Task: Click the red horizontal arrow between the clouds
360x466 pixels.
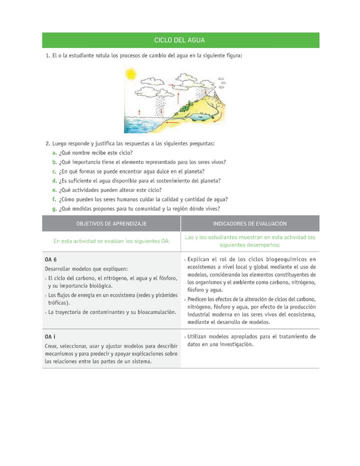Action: pos(171,85)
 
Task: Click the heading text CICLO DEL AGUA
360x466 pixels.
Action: pos(180,40)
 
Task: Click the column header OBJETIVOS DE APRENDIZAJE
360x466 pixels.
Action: pos(111,223)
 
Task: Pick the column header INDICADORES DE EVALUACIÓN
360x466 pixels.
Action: pos(249,223)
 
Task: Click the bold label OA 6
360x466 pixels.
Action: pos(50,259)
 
